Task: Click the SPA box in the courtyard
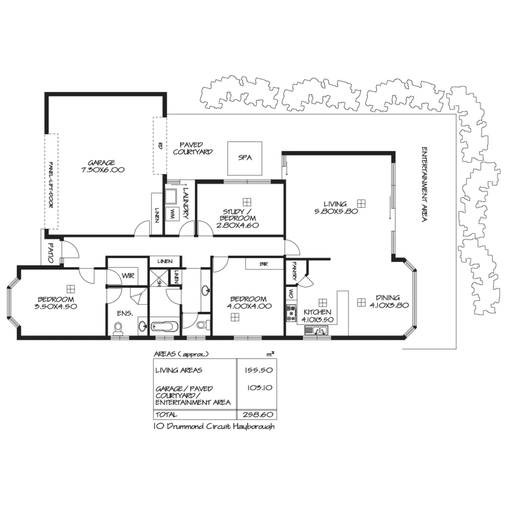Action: coord(245,158)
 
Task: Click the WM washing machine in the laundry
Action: coord(173,214)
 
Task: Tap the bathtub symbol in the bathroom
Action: coord(164,325)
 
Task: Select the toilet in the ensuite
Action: coord(118,327)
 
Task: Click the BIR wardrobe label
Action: coord(264,264)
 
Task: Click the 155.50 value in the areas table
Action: coord(258,370)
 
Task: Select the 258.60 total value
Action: coord(258,415)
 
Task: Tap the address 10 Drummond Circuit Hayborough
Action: coord(214,427)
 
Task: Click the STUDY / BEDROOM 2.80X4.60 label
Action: coord(239,218)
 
